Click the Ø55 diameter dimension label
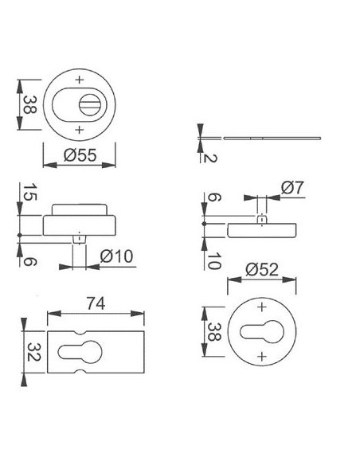pyautogui.click(x=80, y=154)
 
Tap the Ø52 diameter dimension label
pyautogui.click(x=262, y=270)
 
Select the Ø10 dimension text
pyautogui.click(x=116, y=256)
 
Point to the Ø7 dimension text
pyautogui.click(x=292, y=187)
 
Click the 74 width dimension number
pyautogui.click(x=96, y=303)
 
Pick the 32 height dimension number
pyautogui.click(x=33, y=352)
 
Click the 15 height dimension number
pyautogui.click(x=29, y=192)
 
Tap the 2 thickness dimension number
pyautogui.click(x=209, y=158)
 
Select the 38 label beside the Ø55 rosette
pyautogui.click(x=29, y=104)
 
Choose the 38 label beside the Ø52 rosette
pyautogui.click(x=213, y=331)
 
